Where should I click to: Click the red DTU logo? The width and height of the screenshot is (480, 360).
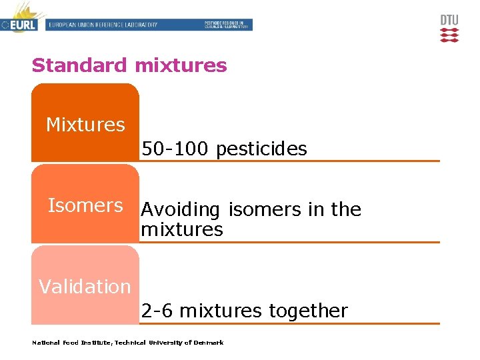(449, 29)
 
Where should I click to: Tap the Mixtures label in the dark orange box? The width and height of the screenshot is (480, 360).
(85, 125)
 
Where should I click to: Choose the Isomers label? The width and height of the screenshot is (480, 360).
(85, 205)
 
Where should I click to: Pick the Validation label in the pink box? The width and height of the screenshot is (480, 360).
(85, 287)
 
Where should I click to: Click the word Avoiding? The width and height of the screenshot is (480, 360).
(180, 210)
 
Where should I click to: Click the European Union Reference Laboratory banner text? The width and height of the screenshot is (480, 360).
(103, 25)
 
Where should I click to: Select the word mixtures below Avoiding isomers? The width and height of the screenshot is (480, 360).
(182, 230)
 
